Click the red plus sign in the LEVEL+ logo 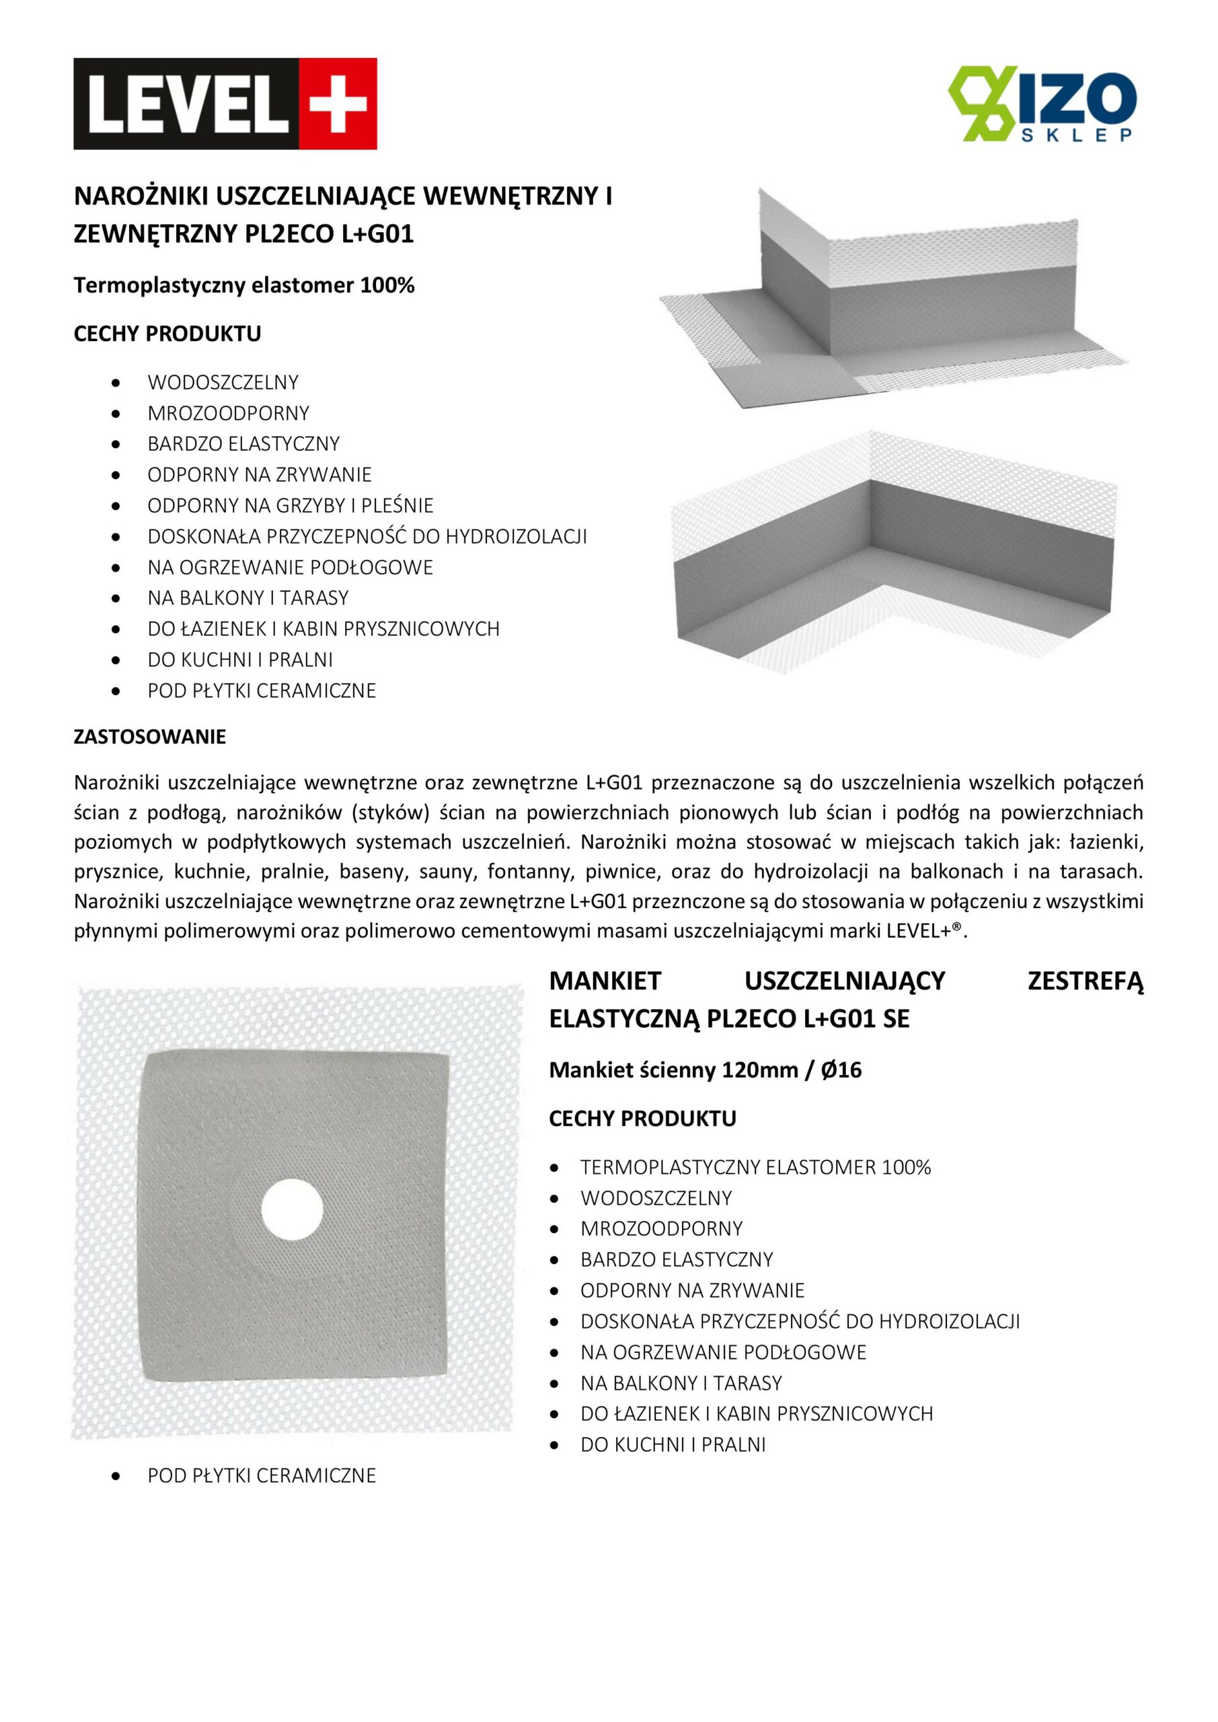pos(338,104)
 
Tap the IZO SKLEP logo pos(1042,104)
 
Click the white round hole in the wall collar pos(292,1209)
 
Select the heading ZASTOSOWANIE pos(149,737)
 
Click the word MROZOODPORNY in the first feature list pos(228,413)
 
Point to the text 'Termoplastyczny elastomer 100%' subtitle pos(243,286)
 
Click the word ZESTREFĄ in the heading pos(1086,981)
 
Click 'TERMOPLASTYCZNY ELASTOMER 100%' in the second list pos(755,1167)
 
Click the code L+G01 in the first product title pos(377,234)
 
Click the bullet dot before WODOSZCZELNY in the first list pos(116,383)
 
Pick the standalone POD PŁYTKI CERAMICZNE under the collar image pos(262,1475)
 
